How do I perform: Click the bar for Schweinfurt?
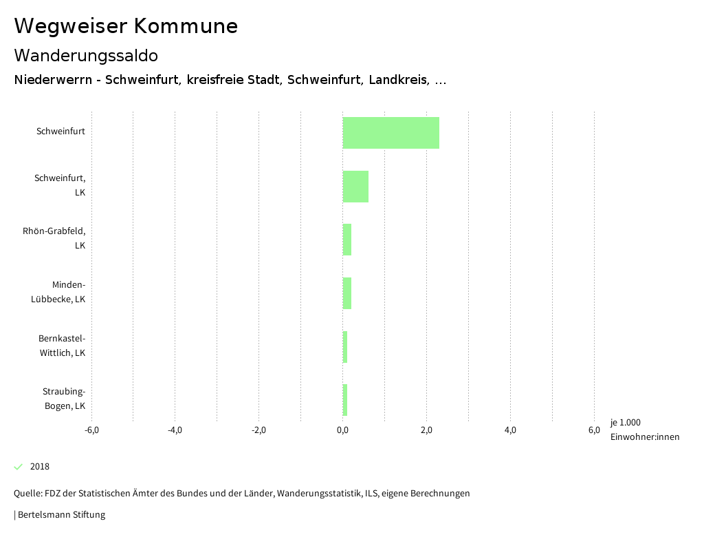(390, 133)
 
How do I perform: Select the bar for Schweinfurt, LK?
(355, 187)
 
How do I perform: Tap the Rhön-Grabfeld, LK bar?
(347, 240)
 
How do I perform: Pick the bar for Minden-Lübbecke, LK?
(347, 293)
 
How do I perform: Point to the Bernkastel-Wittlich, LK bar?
(345, 347)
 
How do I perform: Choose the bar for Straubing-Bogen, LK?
(345, 400)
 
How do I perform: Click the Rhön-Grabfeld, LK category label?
(54, 238)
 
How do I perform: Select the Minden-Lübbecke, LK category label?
(58, 292)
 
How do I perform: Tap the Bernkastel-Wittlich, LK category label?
(62, 346)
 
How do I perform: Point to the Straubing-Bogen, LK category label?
(64, 399)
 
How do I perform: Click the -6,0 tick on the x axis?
(91, 430)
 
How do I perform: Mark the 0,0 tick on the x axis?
(342, 430)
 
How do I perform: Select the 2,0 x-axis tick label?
(426, 430)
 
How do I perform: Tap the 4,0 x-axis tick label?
(510, 430)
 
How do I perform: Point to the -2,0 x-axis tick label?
(258, 430)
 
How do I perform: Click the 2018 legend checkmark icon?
(19, 467)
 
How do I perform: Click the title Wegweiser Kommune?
(126, 26)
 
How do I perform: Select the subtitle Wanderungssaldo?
(86, 55)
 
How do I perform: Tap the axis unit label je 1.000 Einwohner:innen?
(644, 430)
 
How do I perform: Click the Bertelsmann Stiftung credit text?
(60, 514)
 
